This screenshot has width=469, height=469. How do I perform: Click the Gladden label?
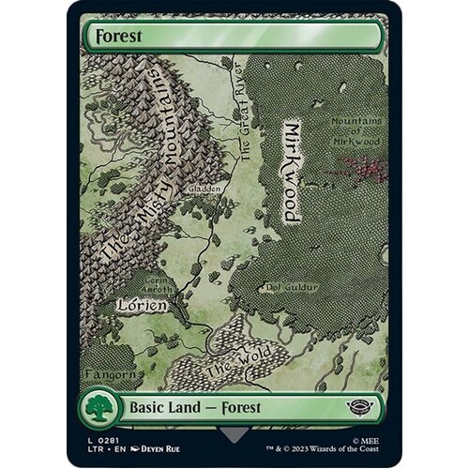pos(204,189)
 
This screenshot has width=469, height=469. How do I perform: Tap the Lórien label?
pos(142,305)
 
